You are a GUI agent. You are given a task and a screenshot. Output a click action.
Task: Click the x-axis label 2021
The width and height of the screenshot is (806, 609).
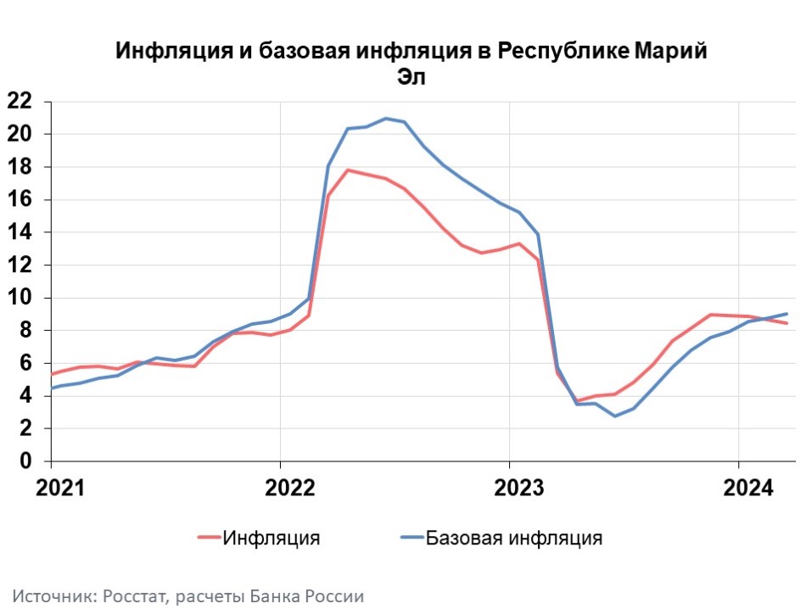point(52,489)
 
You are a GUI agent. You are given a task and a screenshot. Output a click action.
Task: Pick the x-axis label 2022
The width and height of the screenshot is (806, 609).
point(281,489)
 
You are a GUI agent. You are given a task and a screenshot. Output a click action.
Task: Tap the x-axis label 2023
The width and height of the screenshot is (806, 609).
point(509,489)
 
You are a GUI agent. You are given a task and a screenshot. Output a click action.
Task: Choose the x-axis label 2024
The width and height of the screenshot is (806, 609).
point(738,489)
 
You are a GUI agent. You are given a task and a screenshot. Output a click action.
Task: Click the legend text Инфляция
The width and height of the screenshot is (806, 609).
point(271,538)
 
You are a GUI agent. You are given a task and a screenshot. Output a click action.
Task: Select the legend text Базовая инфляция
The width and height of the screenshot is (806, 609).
point(514,538)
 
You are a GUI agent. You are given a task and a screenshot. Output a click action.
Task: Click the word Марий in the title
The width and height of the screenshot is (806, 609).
point(670,50)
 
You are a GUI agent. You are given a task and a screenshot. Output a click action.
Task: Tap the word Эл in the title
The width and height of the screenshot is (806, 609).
point(411,76)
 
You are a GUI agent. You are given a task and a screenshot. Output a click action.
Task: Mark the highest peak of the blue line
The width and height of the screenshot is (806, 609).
point(386,118)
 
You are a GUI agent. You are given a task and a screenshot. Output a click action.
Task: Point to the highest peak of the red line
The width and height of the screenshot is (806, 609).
point(347,170)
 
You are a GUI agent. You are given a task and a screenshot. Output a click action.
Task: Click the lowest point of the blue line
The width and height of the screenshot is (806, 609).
point(615,416)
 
